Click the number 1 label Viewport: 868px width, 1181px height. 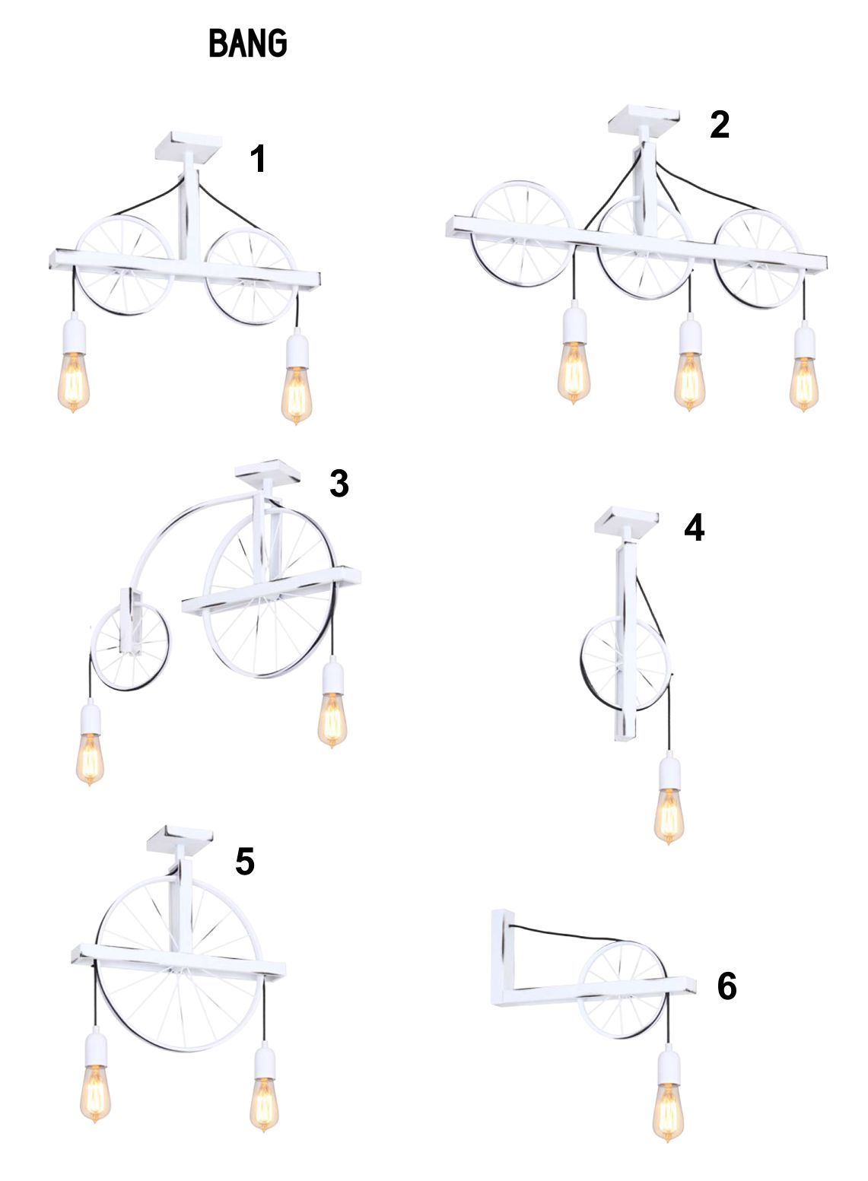click(x=258, y=158)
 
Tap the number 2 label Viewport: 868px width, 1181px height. click(x=720, y=125)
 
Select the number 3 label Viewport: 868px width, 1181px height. click(x=339, y=483)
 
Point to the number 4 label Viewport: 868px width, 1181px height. click(x=694, y=527)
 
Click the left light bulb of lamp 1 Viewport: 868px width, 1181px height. click(x=73, y=382)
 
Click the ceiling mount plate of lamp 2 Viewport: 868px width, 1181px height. click(x=644, y=120)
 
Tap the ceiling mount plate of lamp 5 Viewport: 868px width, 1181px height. click(x=180, y=840)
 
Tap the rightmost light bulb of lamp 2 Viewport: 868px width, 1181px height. click(x=803, y=384)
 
